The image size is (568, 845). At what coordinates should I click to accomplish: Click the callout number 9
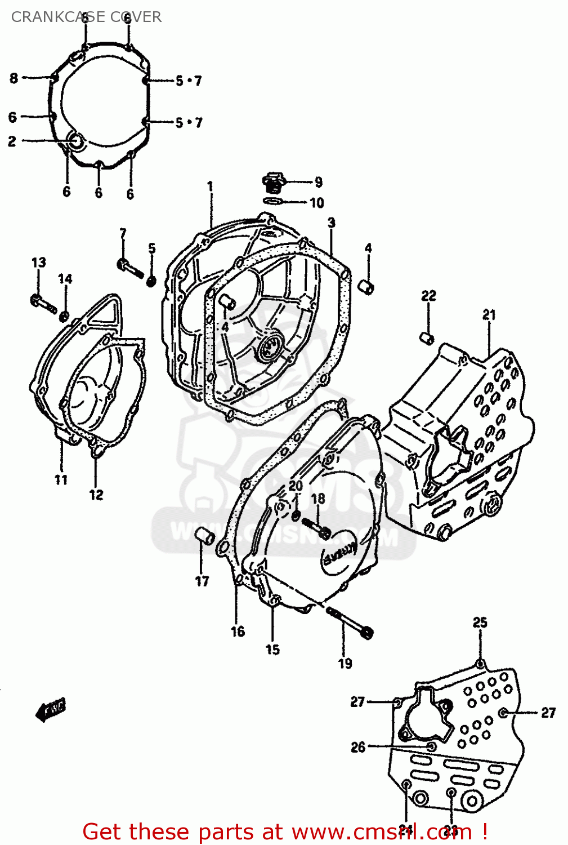coord(318,182)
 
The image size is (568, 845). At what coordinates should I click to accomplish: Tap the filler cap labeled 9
coord(272,181)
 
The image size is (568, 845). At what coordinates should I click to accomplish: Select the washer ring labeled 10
coord(273,201)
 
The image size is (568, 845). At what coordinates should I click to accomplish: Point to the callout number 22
coord(428,296)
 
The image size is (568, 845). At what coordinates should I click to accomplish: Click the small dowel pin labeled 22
coord(427,338)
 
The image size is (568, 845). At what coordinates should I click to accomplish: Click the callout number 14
coord(65,279)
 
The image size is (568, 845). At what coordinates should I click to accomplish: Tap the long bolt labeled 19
coord(350,622)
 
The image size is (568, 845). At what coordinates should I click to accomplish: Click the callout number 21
coord(489,315)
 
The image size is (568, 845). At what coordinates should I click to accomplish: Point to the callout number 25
coord(480,622)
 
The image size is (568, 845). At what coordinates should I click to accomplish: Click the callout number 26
coord(358,747)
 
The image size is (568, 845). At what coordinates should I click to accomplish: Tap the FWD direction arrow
coord(51,709)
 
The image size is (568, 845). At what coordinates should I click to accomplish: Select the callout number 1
coord(210,186)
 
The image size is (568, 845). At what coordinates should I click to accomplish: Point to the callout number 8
coord(14,78)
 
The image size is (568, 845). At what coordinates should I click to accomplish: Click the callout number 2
coord(12,141)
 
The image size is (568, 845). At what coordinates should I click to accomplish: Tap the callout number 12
coord(96,495)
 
